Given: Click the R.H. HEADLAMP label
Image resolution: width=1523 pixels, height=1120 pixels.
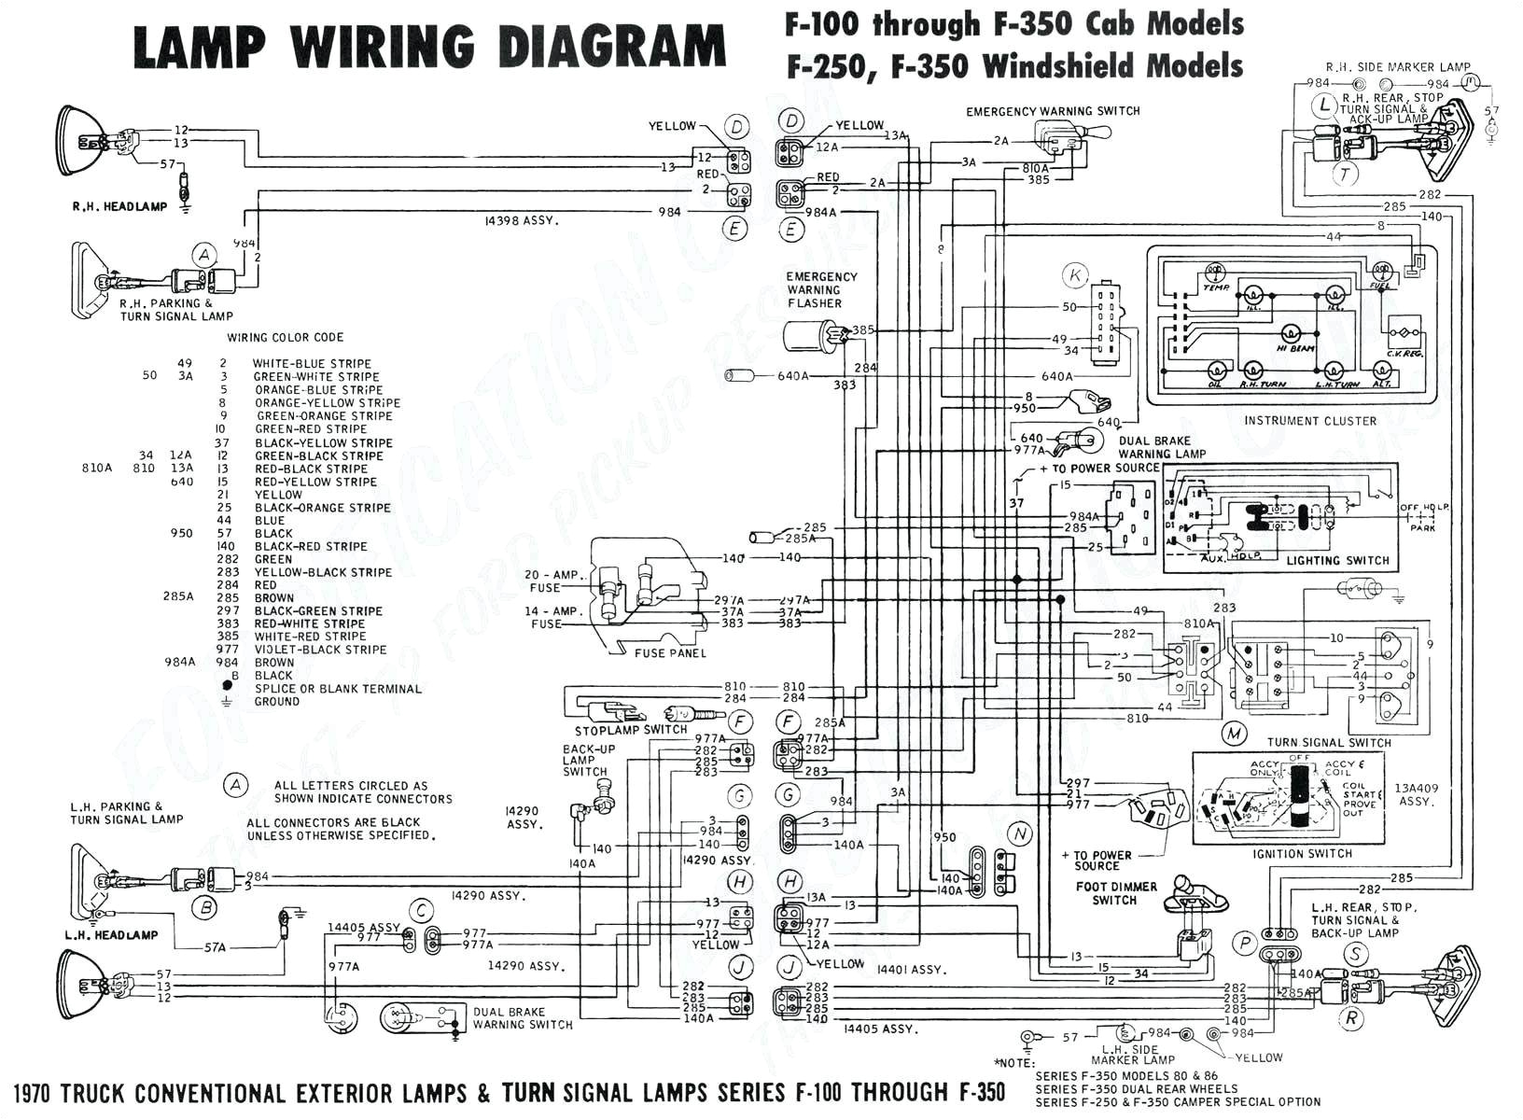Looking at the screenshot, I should coord(119,206).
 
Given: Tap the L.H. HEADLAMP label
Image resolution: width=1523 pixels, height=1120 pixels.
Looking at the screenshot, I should coord(111,934).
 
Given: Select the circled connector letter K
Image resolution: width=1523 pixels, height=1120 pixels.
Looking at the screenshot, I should coord(1076,275).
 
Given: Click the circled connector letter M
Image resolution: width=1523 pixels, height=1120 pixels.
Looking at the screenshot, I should coord(1236,734).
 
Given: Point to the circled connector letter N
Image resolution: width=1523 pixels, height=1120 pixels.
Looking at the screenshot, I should coord(1020,833).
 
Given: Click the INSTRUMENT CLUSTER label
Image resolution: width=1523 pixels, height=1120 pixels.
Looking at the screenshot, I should coord(1309,421).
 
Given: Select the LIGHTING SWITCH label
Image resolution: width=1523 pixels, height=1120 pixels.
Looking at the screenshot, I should coord(1337,560).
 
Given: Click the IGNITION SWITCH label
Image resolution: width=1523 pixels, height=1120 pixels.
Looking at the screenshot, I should coord(1303,853).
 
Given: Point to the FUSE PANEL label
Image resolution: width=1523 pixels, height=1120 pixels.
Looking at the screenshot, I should coord(670,652).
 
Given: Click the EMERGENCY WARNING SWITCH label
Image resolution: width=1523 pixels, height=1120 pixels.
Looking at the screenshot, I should coord(1053,111).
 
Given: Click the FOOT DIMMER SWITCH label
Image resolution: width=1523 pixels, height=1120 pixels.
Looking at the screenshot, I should coord(1115,893).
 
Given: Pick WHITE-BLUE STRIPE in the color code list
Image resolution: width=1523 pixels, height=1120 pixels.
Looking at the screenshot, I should coord(312,364).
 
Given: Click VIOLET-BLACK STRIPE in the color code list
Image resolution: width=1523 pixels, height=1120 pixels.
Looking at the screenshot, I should coord(320,650).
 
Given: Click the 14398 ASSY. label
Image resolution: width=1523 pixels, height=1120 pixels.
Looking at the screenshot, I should coord(521,221).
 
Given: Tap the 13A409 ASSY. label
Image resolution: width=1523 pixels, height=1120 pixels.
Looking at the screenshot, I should coord(1417,794).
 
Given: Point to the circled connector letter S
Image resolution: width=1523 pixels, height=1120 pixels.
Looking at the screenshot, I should coord(1354,954).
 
